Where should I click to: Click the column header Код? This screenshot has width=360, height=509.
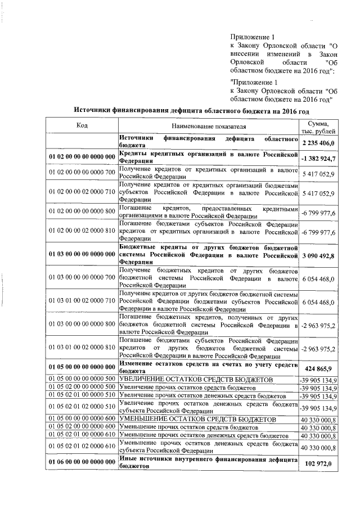(82, 125)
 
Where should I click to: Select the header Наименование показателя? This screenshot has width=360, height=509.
(207, 128)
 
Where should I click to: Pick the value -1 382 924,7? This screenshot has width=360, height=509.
(318, 160)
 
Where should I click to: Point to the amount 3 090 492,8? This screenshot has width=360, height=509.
(318, 256)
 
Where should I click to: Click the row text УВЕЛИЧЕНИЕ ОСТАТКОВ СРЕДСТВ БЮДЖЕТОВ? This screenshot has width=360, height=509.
(196, 380)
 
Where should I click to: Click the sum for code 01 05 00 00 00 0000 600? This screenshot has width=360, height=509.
(318, 420)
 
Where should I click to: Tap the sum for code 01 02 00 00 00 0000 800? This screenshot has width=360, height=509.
(318, 212)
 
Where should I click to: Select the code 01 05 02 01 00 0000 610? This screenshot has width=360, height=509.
(82, 435)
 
